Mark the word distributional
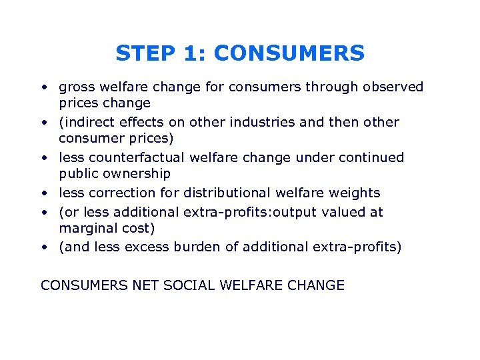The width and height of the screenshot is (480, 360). pyautogui.click(x=219, y=193)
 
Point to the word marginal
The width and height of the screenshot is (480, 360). pyautogui.click(x=85, y=229)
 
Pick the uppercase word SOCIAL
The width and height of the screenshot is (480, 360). pyautogui.click(x=186, y=286)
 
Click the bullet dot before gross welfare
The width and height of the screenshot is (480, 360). pyautogui.click(x=43, y=87)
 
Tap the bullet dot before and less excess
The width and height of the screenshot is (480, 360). pyautogui.click(x=43, y=247)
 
